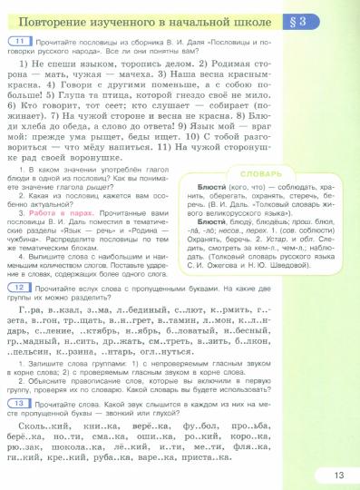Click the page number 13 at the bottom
coord(338,471)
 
